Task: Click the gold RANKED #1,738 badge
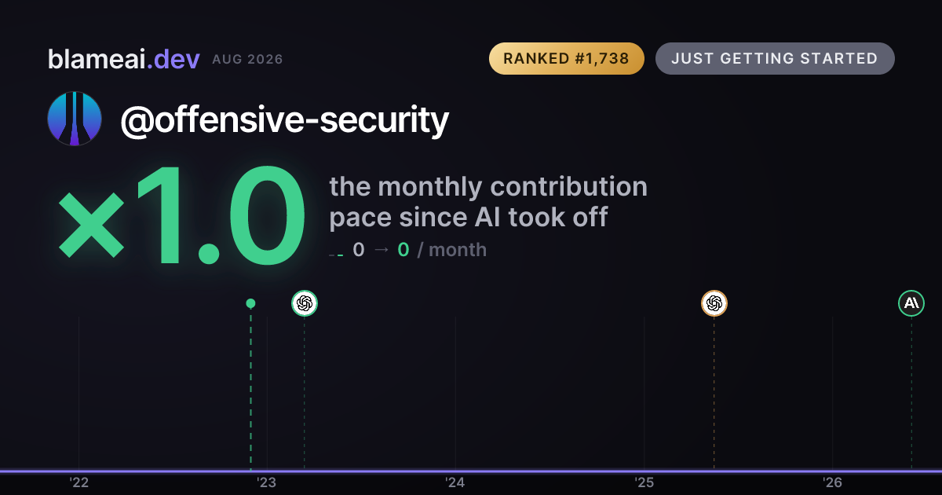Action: coord(567,58)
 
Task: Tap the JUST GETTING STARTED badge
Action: coord(775,58)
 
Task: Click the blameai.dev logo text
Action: coord(124,59)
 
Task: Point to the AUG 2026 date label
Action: coord(247,60)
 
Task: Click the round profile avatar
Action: coord(75,119)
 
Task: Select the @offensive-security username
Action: coord(285,120)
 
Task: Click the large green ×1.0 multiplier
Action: coord(181,215)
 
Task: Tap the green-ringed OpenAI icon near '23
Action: coord(305,303)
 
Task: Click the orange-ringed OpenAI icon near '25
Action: coord(714,303)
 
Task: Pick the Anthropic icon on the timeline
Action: coord(911,303)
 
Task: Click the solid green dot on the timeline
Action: coord(250,303)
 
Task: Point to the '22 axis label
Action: coord(79,482)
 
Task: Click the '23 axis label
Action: coord(267,482)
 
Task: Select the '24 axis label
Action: coord(455,482)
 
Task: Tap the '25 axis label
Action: coord(644,482)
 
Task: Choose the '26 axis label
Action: coord(833,482)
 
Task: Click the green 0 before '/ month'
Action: coord(403,250)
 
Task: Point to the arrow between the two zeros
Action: coord(382,250)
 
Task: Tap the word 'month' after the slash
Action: coord(458,250)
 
